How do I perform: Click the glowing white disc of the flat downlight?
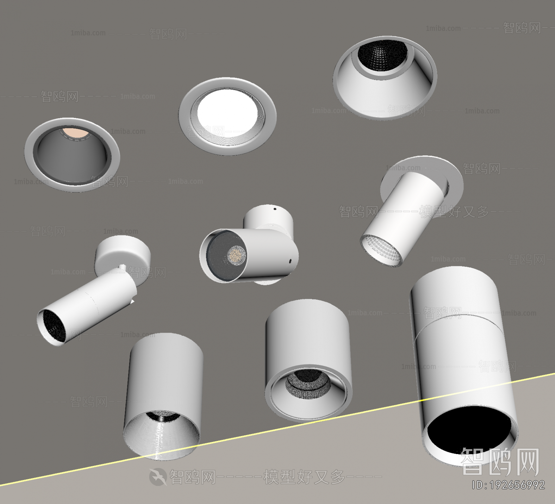(227, 112)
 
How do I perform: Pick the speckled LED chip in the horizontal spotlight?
(237, 256)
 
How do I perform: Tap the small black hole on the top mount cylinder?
(275, 209)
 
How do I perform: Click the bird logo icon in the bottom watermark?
(157, 477)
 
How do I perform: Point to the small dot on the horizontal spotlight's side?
(290, 260)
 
